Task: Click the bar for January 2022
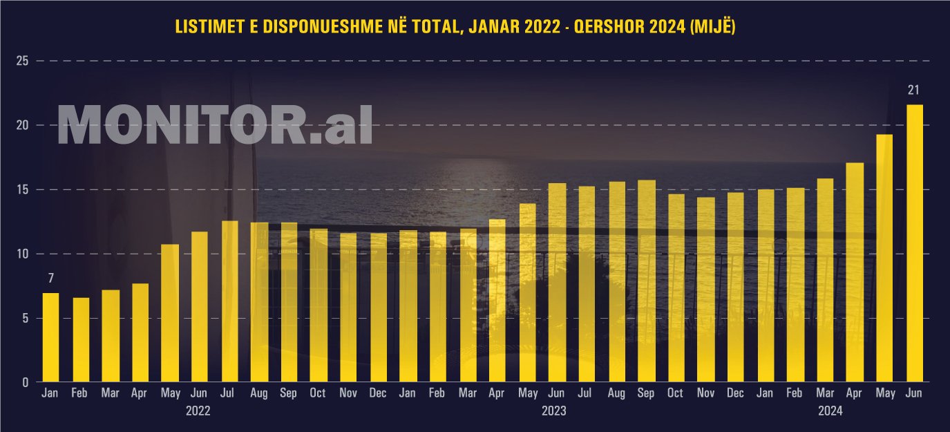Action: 50,338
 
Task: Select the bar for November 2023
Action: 705,290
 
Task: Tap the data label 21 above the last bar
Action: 914,90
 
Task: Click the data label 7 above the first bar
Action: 50,279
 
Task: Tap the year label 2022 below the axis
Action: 198,411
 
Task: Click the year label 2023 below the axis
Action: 554,411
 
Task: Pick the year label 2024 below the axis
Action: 830,411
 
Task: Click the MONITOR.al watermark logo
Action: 215,125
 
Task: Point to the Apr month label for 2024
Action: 855,393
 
